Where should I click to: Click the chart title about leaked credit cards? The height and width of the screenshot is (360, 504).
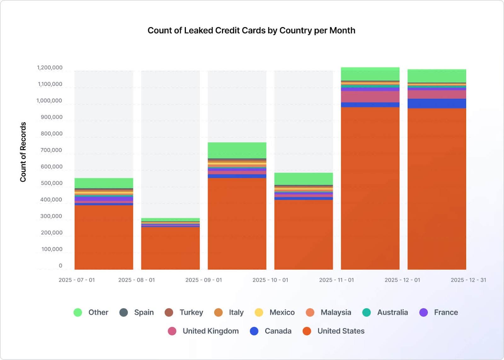[251, 31]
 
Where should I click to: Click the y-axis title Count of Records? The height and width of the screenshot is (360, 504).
[23, 152]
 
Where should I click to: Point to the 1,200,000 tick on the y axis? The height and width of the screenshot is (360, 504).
[50, 68]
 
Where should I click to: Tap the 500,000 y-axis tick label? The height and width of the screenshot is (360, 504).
[51, 183]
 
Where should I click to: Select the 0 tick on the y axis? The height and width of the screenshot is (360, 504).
[60, 266]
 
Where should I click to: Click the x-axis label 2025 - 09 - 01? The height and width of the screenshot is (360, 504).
[203, 280]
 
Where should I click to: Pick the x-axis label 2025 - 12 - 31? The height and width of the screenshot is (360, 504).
[468, 280]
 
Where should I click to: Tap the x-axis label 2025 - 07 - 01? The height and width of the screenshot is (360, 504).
[77, 280]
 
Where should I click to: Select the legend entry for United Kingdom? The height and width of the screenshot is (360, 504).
[203, 331]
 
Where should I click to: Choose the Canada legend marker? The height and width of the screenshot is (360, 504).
[254, 331]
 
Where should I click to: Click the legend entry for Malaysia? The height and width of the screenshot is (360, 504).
[329, 312]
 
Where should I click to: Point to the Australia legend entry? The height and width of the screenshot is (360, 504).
[385, 312]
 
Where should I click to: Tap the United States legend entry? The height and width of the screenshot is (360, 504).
[334, 331]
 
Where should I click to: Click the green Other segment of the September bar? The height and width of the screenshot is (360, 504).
[237, 150]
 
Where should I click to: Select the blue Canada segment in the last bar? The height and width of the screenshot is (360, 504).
[437, 104]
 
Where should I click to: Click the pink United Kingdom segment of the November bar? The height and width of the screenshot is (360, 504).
[370, 97]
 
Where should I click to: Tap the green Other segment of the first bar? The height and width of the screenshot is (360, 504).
[104, 183]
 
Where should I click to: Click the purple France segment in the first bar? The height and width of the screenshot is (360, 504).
[104, 199]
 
